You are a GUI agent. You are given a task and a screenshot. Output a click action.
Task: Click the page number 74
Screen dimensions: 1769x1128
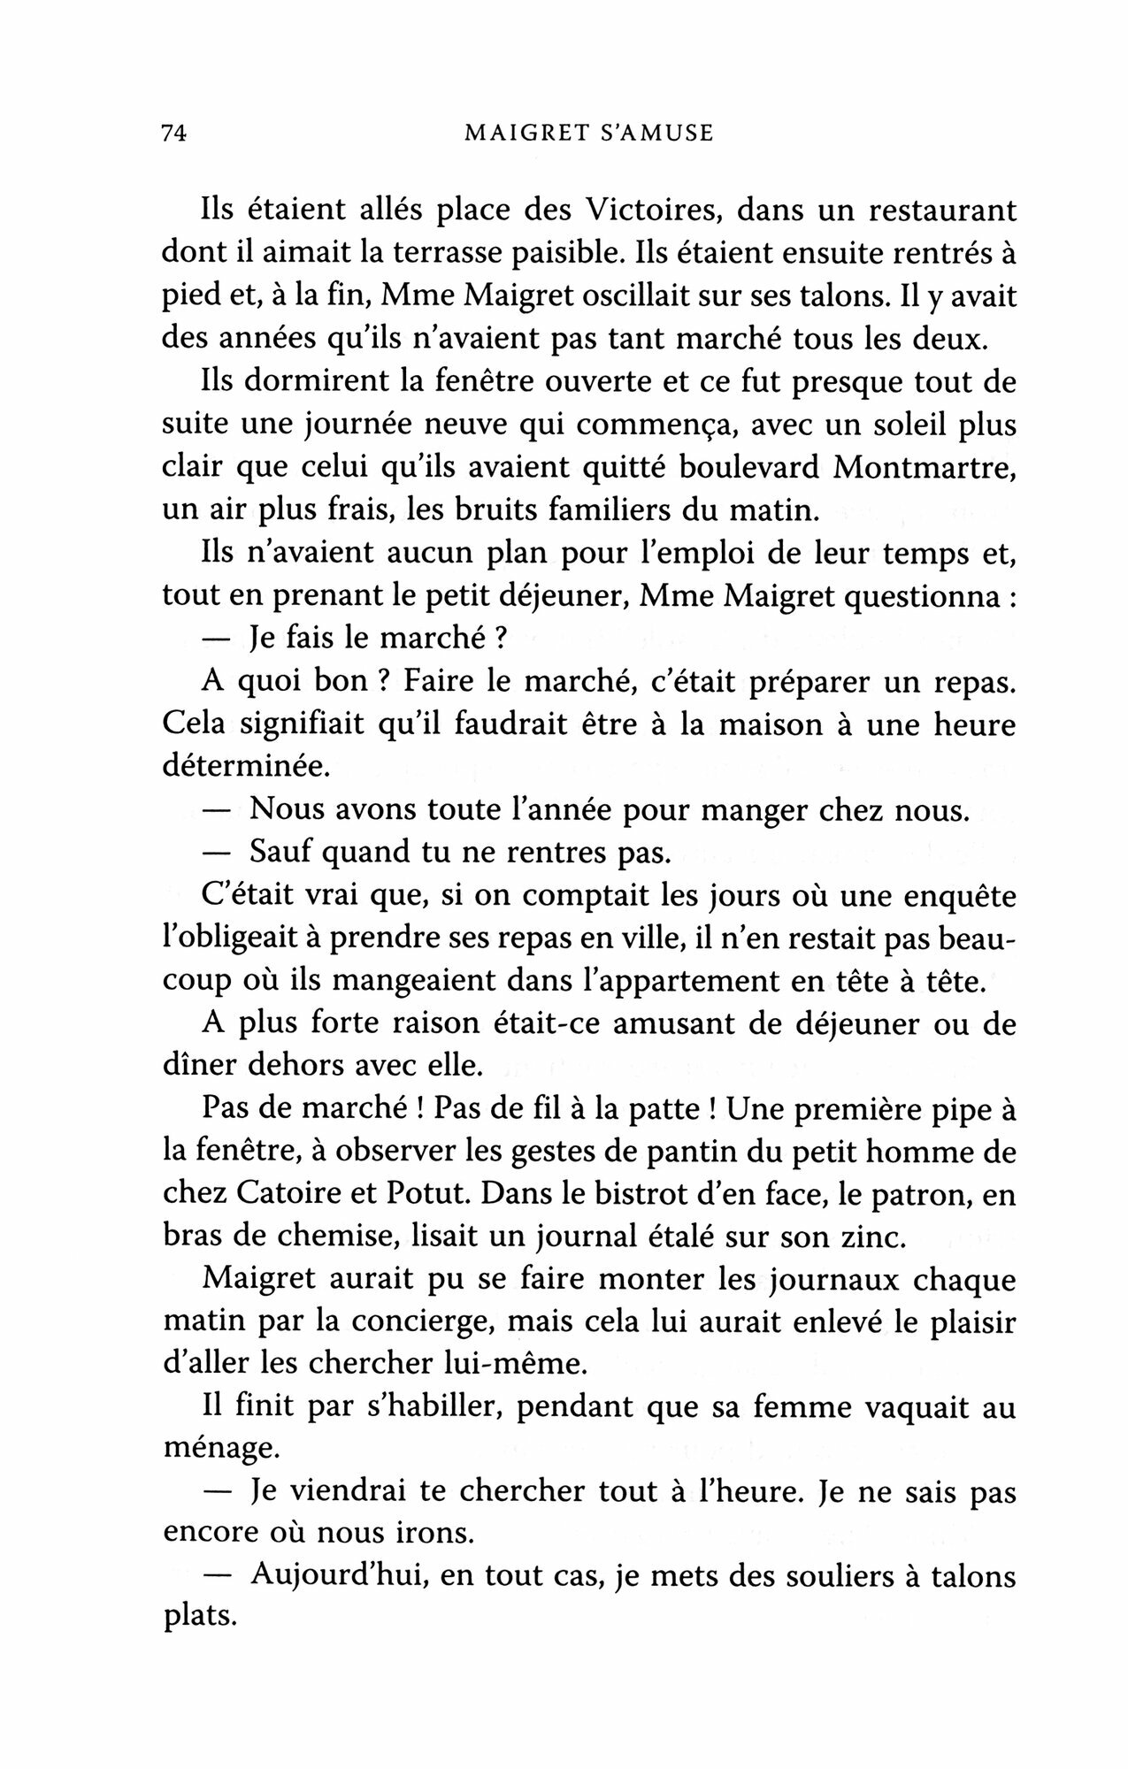tap(172, 134)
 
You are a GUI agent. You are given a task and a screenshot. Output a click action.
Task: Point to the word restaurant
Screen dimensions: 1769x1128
tap(932, 211)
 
